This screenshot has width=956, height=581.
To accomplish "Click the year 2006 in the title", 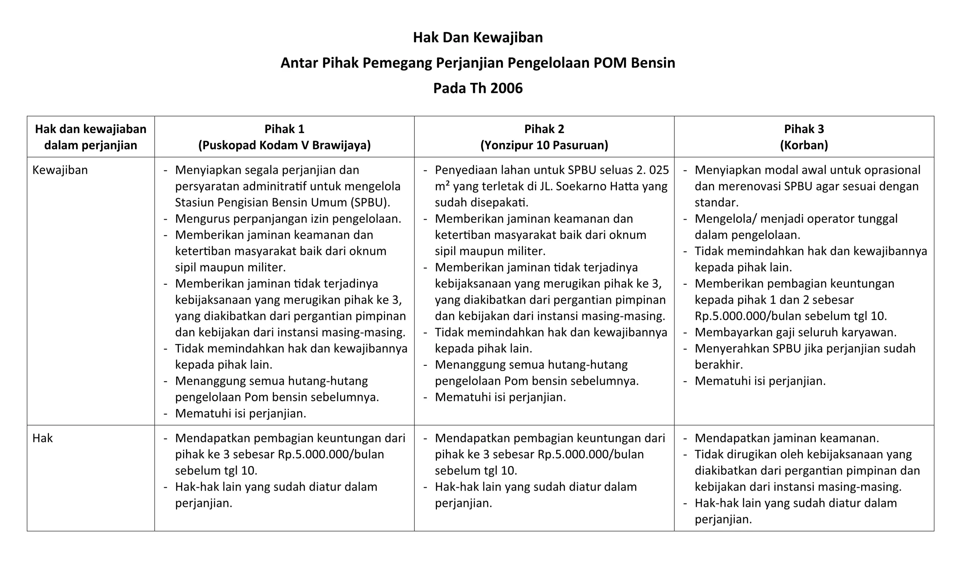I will (x=506, y=89).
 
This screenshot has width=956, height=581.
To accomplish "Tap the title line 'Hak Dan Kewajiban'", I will (x=478, y=38).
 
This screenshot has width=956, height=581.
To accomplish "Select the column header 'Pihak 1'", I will (x=284, y=129).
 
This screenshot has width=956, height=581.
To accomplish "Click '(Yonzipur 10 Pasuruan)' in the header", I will (x=544, y=145).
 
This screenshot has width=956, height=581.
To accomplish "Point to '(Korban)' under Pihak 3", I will (x=804, y=145).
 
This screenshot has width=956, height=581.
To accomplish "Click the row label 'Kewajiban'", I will (x=60, y=170).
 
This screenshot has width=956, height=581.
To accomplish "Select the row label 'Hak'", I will (x=42, y=438).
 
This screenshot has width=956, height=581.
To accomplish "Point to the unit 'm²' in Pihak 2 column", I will (x=442, y=186).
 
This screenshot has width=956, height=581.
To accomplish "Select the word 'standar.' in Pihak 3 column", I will (x=716, y=203).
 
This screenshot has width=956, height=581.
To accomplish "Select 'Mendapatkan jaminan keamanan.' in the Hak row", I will (x=786, y=438).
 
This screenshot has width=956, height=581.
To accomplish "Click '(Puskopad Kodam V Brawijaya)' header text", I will (x=284, y=145).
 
